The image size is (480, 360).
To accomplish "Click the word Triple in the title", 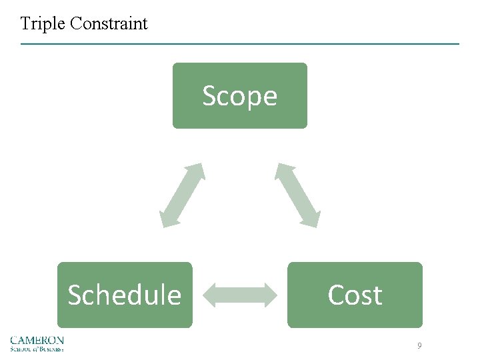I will click(x=43, y=25).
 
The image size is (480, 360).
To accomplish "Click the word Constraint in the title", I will click(x=109, y=24).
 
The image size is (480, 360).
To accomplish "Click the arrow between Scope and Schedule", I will click(x=182, y=195).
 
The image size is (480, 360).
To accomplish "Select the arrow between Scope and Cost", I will click(x=298, y=195).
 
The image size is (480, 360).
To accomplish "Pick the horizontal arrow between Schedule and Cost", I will click(x=239, y=295).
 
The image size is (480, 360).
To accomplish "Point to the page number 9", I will click(x=419, y=345).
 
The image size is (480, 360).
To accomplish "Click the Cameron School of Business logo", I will click(x=37, y=343).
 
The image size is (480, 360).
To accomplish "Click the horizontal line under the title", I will click(x=240, y=44).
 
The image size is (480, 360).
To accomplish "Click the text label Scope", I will click(x=239, y=96).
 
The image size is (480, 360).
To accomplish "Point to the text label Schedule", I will click(x=125, y=295).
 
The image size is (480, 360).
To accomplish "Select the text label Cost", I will click(x=355, y=295).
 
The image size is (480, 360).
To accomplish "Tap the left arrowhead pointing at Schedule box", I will click(x=207, y=295).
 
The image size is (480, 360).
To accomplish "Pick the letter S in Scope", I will click(x=209, y=96).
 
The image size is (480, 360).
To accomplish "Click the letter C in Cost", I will click(x=335, y=295).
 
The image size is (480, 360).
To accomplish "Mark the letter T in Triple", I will click(x=25, y=24).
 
